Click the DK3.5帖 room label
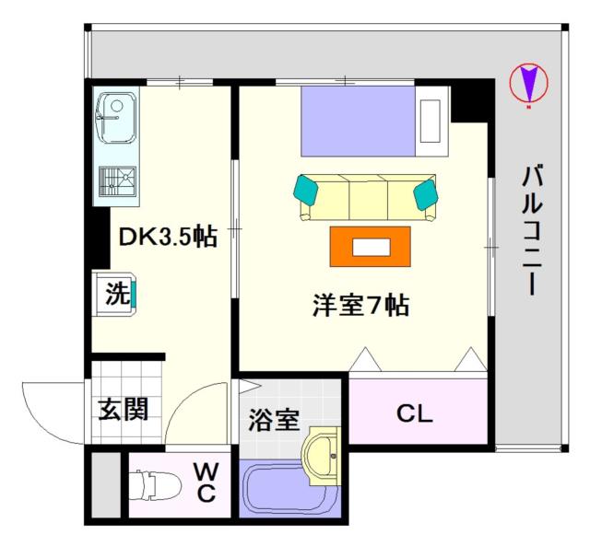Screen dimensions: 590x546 coord(168,237)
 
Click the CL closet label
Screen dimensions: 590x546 coord(415,413)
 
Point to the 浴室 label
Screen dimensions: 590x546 coord(274,419)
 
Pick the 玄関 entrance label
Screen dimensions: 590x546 coord(123,409)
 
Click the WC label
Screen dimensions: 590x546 coord(206,482)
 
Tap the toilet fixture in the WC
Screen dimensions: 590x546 coord(155,485)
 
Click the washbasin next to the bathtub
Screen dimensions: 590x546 coord(321,456)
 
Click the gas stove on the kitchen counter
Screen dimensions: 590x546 coord(117,181)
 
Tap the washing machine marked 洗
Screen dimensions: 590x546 coord(114,294)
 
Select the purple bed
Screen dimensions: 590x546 coord(358,121)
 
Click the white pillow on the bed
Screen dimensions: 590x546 coord(431,121)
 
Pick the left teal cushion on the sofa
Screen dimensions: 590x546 coord(306,190)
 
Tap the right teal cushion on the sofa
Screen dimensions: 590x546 coord(426,194)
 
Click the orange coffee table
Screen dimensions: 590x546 coord(371,247)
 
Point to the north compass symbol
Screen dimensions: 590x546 coord(528,84)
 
